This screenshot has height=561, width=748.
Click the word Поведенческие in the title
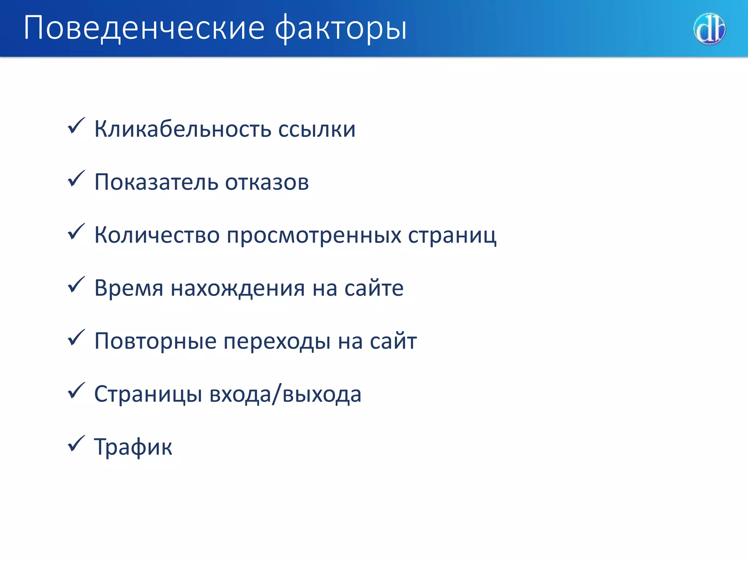144,28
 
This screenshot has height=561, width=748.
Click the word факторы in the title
340,28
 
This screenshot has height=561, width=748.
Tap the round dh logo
709,29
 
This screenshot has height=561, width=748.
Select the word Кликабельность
183,129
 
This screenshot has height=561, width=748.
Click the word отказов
267,182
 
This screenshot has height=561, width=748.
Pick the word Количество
157,235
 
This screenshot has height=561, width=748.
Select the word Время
129,288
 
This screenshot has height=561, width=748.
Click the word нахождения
238,288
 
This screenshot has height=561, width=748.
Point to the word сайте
374,288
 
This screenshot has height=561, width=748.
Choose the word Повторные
155,341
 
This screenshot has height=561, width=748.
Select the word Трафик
133,447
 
